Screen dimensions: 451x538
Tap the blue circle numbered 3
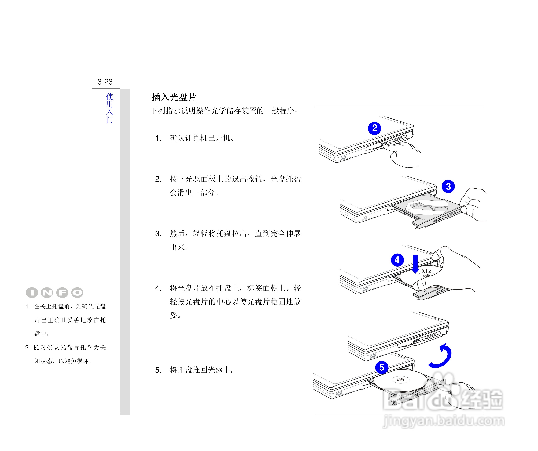pos(448,186)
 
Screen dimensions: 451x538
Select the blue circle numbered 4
pos(397,260)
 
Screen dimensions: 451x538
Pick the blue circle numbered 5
pos(381,367)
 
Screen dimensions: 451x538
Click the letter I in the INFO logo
pos(32,293)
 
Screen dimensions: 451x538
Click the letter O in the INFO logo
pos(77,293)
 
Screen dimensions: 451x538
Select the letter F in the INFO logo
pos(62,293)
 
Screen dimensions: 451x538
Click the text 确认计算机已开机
pos(202,138)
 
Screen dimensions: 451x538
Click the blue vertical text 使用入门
pos(110,108)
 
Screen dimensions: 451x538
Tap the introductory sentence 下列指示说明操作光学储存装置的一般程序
pos(224,111)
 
